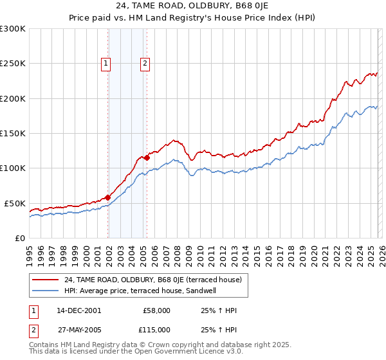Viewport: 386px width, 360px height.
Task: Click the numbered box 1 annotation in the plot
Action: (106, 63)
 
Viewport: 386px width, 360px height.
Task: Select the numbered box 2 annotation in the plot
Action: (145, 63)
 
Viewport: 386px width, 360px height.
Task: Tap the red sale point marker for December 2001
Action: (108, 197)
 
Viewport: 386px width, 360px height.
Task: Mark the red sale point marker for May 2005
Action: (147, 157)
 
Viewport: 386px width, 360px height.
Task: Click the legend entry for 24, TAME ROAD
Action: (152, 280)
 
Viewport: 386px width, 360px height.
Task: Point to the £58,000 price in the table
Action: (156, 310)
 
